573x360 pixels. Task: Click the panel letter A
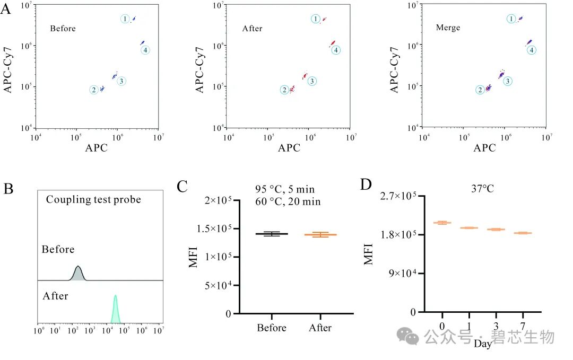[x=5, y=8]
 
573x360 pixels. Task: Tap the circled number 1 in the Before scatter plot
[x=125, y=19]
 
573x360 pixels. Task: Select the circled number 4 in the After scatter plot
[x=336, y=50]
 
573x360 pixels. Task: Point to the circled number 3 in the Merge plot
[x=508, y=81]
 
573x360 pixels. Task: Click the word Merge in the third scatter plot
[x=448, y=28]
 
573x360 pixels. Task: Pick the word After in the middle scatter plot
[x=252, y=29]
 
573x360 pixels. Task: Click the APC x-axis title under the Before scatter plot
[x=97, y=148]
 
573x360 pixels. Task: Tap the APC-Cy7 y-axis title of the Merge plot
[x=394, y=70]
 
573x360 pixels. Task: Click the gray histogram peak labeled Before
[x=78, y=273]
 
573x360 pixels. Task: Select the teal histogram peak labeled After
[x=116, y=309]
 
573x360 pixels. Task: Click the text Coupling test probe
[x=93, y=199]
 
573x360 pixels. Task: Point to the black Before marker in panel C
[x=272, y=234]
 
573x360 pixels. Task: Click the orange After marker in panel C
[x=320, y=234]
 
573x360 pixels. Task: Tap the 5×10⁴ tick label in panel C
[x=218, y=285]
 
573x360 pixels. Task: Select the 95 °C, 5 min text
[x=285, y=189]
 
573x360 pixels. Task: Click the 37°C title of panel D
[x=482, y=189]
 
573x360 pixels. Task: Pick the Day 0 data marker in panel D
[x=442, y=222]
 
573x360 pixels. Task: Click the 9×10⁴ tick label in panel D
[x=403, y=273]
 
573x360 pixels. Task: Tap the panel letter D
[x=366, y=185]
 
